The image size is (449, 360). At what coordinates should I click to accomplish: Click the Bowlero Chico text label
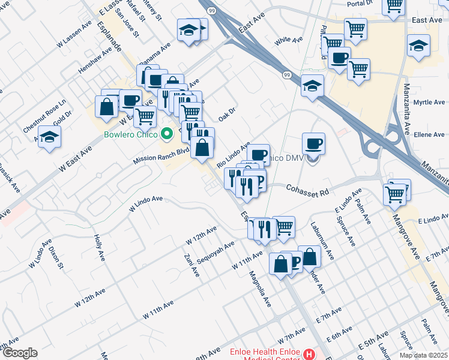pos(130,134)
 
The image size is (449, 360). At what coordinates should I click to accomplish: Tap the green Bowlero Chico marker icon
pos(169,134)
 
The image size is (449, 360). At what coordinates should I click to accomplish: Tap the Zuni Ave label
pos(193,264)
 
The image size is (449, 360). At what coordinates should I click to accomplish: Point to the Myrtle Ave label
pos(429,103)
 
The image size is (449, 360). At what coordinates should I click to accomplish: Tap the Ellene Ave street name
pos(429,135)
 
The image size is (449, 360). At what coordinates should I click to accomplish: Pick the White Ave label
pos(289,40)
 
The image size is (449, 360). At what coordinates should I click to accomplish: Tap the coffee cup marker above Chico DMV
pos(313,144)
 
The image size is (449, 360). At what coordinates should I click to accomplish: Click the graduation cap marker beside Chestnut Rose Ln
pos(49,136)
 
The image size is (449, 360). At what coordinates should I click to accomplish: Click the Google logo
pos(19,353)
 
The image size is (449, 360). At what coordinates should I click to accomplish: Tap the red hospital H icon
pos(309,354)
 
